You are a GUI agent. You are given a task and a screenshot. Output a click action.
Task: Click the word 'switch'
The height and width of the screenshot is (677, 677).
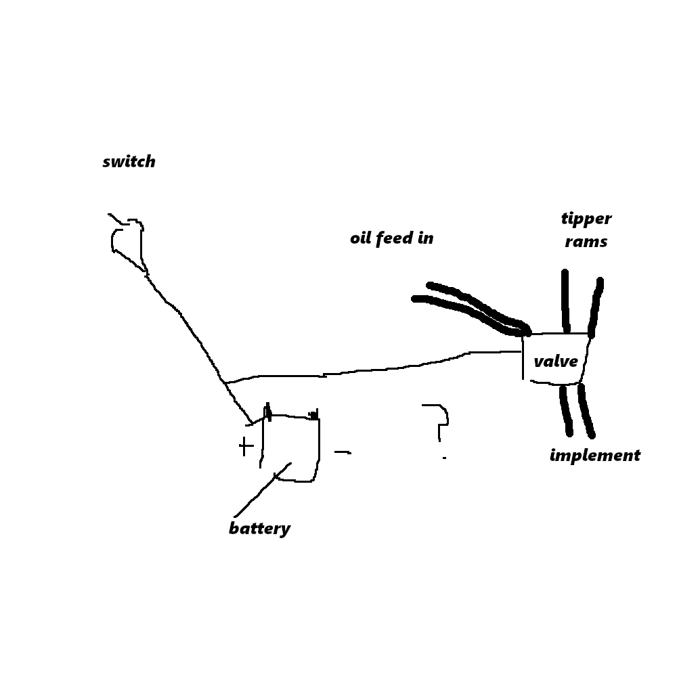(129, 162)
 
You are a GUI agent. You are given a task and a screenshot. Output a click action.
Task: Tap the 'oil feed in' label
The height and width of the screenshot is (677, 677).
(391, 238)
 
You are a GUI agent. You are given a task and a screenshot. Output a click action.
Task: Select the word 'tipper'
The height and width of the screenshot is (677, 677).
(586, 219)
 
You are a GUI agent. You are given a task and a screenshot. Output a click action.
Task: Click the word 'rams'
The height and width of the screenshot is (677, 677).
(586, 242)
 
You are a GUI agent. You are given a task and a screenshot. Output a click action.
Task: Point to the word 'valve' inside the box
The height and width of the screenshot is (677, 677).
(555, 361)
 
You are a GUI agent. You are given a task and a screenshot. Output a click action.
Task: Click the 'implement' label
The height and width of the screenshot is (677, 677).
(594, 455)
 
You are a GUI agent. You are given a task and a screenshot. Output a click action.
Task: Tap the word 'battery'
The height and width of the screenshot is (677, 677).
(259, 529)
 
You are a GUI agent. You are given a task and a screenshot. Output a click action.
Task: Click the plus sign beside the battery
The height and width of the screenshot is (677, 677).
(246, 446)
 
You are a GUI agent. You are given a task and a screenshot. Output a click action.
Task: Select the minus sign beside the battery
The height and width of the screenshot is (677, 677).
(343, 452)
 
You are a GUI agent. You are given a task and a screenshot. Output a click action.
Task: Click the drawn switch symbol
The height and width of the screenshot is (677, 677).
(127, 240)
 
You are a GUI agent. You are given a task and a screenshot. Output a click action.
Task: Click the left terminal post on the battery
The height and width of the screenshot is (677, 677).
(267, 410)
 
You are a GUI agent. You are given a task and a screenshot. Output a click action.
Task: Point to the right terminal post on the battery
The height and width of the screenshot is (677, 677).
(313, 414)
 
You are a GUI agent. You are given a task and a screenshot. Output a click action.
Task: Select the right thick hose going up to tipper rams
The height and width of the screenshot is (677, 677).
(596, 308)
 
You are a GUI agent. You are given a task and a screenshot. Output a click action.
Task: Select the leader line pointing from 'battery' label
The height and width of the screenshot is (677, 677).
(263, 489)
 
